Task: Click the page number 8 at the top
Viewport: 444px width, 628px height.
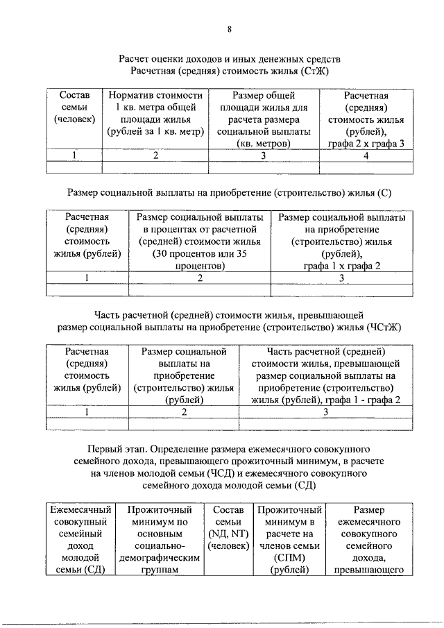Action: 229,28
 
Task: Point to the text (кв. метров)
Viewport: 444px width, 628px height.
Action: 263,144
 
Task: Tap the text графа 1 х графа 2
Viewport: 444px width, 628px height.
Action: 341,266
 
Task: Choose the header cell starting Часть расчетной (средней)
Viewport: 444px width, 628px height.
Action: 325,375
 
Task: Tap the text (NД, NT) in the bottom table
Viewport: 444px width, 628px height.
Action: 228,533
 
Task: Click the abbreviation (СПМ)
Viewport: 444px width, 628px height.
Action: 290,557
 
